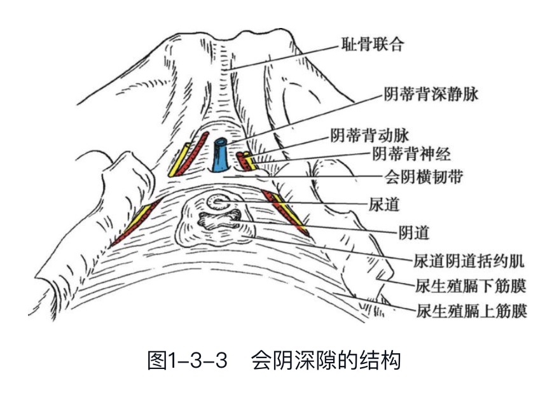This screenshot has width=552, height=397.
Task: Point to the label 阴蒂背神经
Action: point(421,153)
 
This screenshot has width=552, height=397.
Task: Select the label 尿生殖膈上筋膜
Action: point(471,311)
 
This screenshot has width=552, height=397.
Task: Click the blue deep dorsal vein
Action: point(219,155)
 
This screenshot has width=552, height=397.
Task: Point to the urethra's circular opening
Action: point(220,202)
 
